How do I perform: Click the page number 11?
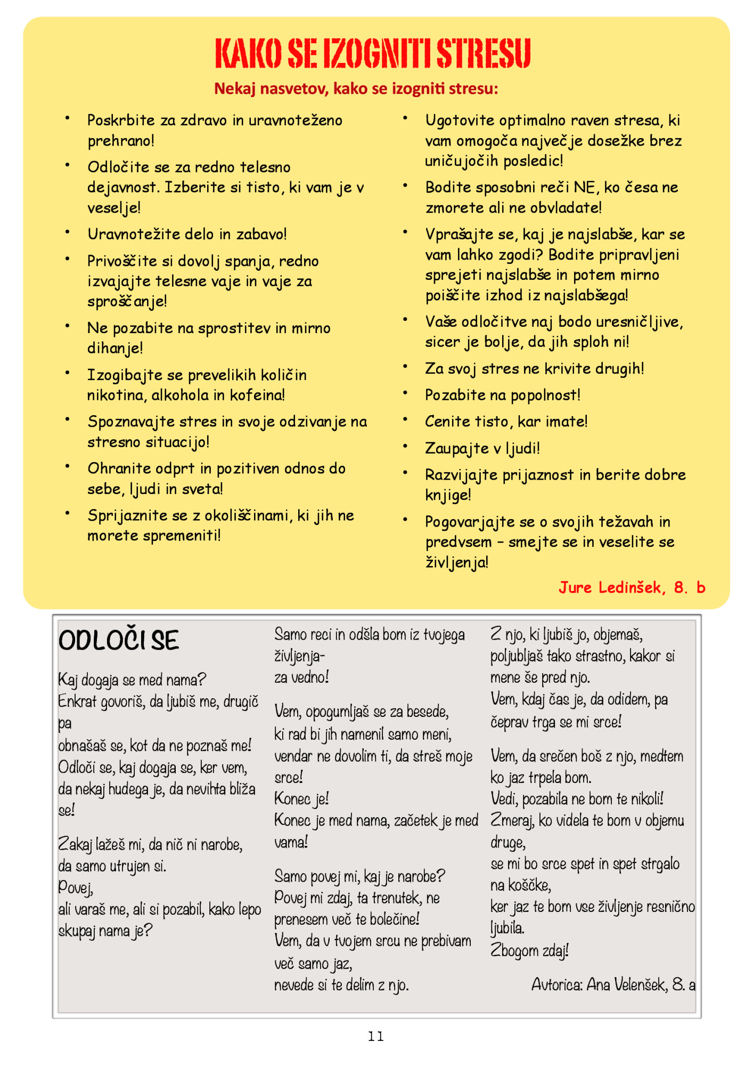pyautogui.click(x=376, y=1036)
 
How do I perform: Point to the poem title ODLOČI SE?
pyautogui.click(x=119, y=640)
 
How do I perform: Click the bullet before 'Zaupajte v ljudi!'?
pyautogui.click(x=405, y=446)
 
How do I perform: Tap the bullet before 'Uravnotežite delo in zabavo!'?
pyautogui.click(x=68, y=232)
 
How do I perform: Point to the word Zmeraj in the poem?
pyautogui.click(x=512, y=820)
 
